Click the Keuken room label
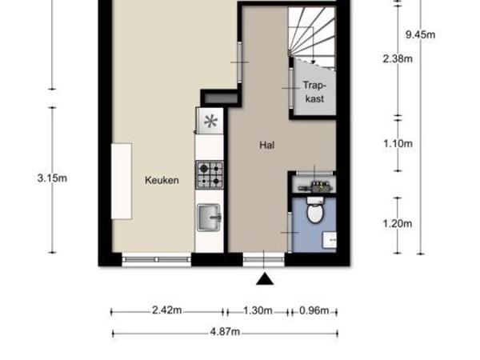pos(162,180)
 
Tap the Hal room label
pos(267,145)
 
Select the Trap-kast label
pos(314,92)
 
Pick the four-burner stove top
pos(210,175)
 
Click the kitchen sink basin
pos(209,218)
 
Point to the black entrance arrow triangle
pos(265,279)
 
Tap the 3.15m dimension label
pos(52,178)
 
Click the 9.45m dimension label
pos(420,34)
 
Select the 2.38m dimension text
pos(398,58)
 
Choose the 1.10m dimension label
pos(398,143)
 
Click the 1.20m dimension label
pos(398,224)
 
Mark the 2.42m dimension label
pos(167,310)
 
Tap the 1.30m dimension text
pos(258,310)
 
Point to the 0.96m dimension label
pos(314,310)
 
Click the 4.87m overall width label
pos(225,331)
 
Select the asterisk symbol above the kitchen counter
pos(210,122)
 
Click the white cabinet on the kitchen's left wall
pos(122,181)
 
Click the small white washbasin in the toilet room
pos(330,240)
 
